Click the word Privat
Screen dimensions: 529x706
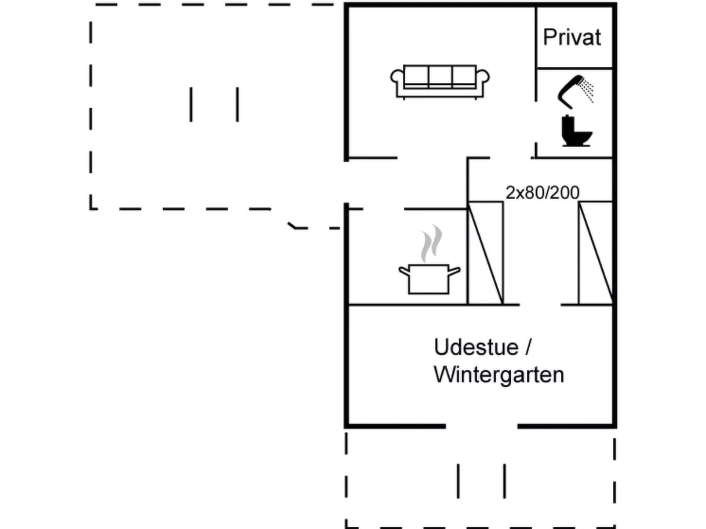(x=571, y=37)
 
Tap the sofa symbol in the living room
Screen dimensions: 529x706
(x=440, y=82)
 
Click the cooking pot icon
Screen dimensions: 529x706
(x=429, y=279)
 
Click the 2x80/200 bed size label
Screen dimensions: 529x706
(x=542, y=193)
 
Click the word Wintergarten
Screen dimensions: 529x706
(x=499, y=375)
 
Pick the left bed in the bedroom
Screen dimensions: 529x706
(x=485, y=253)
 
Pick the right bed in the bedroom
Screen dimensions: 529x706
(x=595, y=253)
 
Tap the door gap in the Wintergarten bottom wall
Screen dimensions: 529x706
(x=481, y=426)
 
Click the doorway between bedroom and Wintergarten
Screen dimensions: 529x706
(x=540, y=304)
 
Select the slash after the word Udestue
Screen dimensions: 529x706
(x=528, y=347)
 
